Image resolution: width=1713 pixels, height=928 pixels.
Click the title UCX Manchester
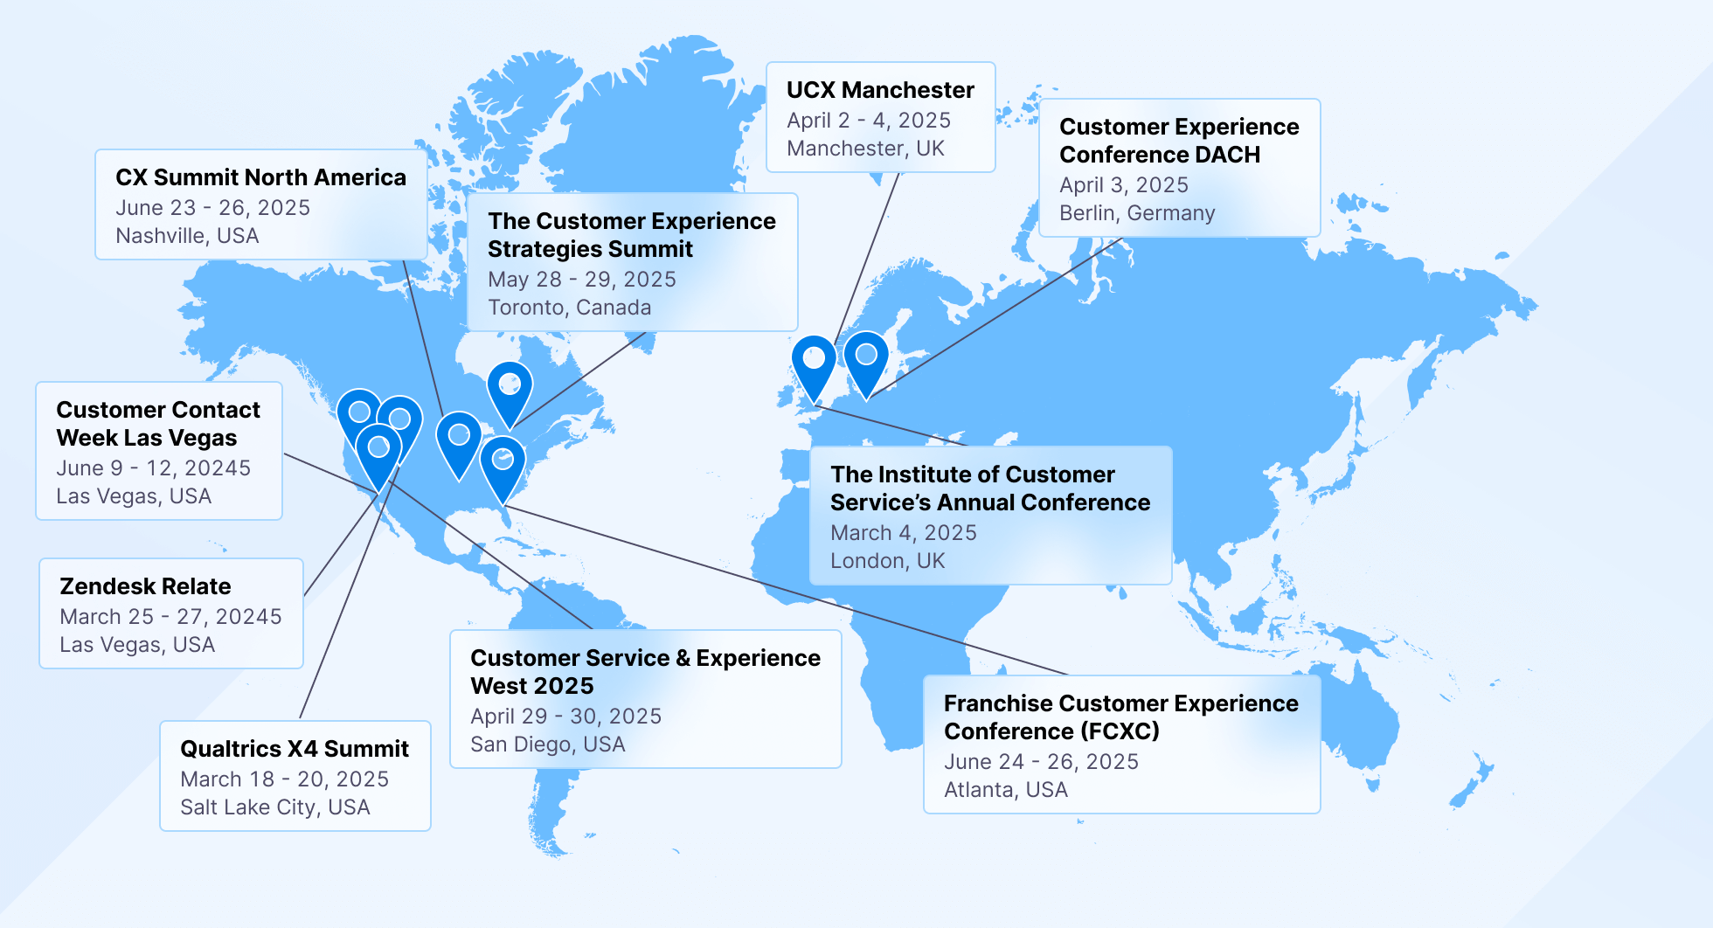coord(880,90)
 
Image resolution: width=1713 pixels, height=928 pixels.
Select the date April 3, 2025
coord(1123,185)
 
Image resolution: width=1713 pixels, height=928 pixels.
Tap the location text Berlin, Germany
coord(1137,213)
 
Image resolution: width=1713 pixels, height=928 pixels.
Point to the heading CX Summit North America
coord(260,177)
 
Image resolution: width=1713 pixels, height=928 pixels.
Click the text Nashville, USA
coord(187,236)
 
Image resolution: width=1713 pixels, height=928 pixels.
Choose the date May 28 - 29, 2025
coord(581,280)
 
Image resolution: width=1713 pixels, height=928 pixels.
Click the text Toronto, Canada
coord(569,308)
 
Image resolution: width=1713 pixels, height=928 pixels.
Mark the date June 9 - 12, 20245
coord(153,468)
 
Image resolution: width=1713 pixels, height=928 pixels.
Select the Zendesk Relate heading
coord(145,586)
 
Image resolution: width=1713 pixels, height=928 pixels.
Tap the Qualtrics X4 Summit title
coord(295,749)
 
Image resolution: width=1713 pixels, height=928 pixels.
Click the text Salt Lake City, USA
coord(274,807)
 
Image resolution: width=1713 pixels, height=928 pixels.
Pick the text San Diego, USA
coord(547,744)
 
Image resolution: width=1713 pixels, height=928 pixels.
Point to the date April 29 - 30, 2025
coord(565,717)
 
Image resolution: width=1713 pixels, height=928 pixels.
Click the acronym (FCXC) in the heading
coord(1119,731)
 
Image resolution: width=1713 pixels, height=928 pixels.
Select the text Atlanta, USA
coord(1005,790)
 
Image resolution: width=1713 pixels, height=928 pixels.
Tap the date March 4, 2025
coord(903,533)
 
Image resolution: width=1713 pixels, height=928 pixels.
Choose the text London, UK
coord(887,561)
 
